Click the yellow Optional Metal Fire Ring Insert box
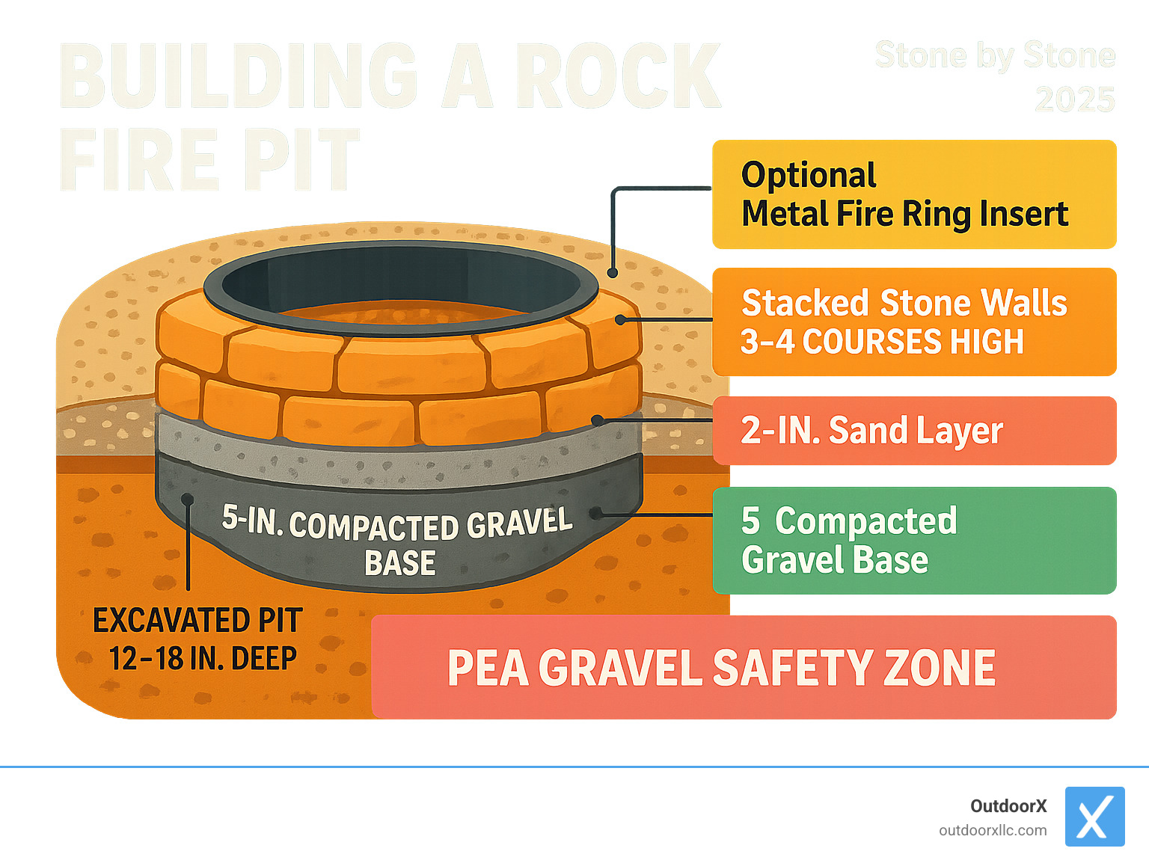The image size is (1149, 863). click(913, 194)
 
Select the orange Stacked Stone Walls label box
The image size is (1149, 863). click(913, 322)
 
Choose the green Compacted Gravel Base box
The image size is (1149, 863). click(913, 541)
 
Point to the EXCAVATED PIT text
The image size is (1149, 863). click(197, 621)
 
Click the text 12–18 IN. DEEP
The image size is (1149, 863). click(203, 659)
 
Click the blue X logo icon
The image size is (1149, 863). click(1094, 817)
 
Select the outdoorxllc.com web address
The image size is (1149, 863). click(993, 831)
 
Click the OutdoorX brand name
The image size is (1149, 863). click(1008, 806)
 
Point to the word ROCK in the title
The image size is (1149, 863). click(618, 76)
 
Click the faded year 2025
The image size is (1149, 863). click(1074, 99)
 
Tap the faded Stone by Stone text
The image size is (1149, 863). click(995, 56)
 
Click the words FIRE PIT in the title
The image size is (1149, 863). click(209, 159)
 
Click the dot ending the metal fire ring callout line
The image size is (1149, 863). click(613, 273)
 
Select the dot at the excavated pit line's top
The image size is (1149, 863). click(188, 500)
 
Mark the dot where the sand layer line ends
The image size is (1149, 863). click(597, 421)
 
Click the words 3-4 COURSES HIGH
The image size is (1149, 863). click(882, 342)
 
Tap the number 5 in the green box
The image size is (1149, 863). click(750, 521)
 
